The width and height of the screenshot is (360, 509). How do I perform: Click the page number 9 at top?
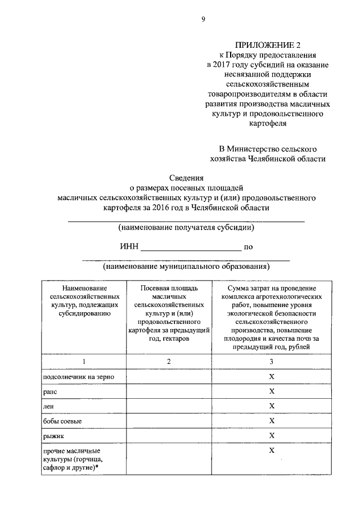pos(204,20)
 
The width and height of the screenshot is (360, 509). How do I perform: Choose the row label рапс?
pos(51,391)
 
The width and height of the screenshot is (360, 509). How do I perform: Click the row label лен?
pos(49,406)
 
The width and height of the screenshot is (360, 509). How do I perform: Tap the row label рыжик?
pos(52,436)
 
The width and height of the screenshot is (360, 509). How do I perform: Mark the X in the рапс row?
pos(271,391)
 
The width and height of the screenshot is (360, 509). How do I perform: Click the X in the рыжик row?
pos(271,435)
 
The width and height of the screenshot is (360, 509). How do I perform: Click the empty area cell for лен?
pos(169,406)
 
